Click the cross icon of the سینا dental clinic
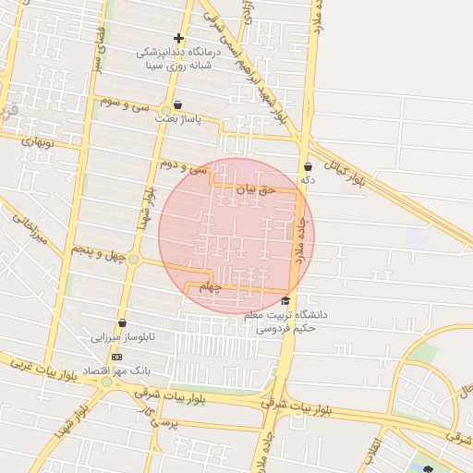pyautogui.click(x=178, y=38)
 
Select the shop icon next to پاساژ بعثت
pyautogui.click(x=177, y=104)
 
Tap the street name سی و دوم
pyautogui.click(x=181, y=166)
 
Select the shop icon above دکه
pyautogui.click(x=308, y=166)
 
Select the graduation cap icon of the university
pyautogui.click(x=285, y=301)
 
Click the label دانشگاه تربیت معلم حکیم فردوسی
pyautogui.click(x=285, y=321)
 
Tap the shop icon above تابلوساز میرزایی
pyautogui.click(x=121, y=322)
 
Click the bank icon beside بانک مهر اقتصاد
pyautogui.click(x=116, y=356)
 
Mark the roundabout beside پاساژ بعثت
pyautogui.click(x=164, y=112)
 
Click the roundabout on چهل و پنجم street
pyautogui.click(x=134, y=259)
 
